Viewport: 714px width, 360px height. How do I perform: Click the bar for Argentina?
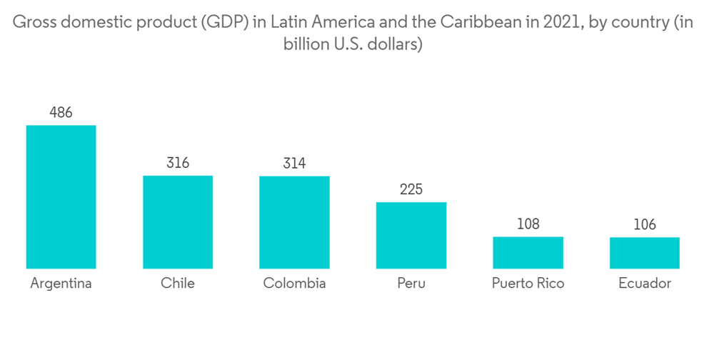[x=61, y=197]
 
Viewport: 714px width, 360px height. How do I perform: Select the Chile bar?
[x=178, y=222]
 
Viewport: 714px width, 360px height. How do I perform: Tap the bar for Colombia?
[x=294, y=222]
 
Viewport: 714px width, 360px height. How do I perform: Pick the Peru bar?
[x=411, y=235]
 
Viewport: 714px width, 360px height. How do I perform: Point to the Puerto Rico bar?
[x=528, y=253]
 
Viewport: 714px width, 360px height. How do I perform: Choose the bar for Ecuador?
[x=645, y=253]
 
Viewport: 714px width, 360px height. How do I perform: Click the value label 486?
[x=61, y=113]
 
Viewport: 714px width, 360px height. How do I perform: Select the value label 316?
[x=178, y=163]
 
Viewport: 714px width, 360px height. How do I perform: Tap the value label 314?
[x=294, y=164]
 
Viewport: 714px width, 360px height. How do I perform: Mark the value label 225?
[x=411, y=189]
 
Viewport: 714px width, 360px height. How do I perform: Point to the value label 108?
[x=528, y=224]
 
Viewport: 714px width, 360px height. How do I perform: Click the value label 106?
[x=645, y=225]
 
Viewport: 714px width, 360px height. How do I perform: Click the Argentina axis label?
[x=61, y=284]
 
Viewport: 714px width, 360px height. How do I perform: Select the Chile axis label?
[x=178, y=284]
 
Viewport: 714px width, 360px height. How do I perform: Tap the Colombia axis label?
[x=294, y=284]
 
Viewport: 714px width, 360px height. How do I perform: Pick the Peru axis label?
[x=411, y=284]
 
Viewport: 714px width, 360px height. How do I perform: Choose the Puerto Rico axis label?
[x=528, y=284]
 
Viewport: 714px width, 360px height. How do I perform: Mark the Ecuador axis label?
[x=645, y=284]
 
